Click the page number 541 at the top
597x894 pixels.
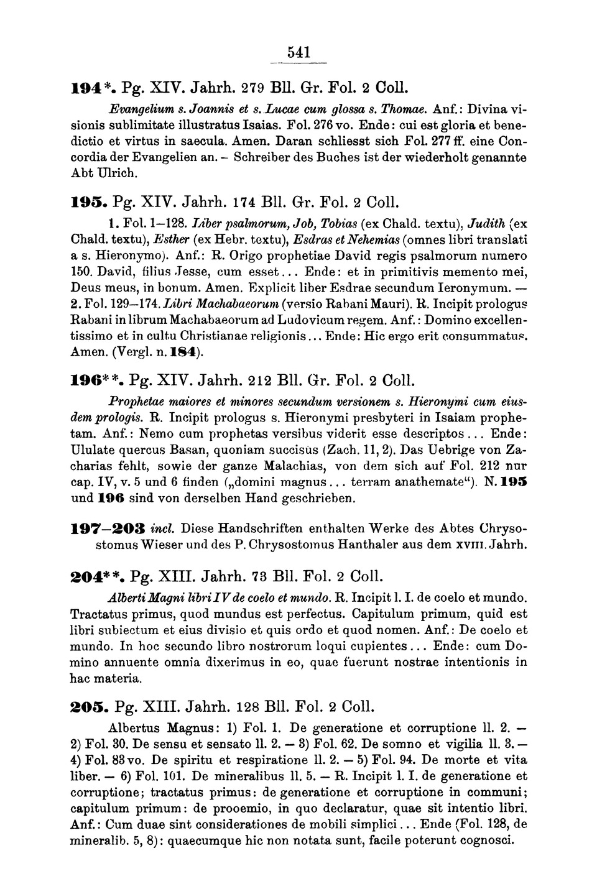pos(298,53)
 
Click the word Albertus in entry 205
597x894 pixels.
pos(134,727)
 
